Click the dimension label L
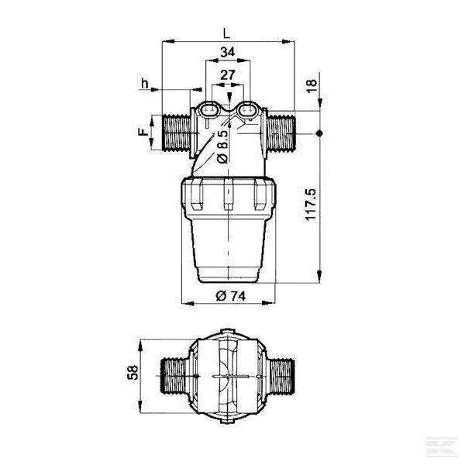(226, 33)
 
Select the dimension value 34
(227, 52)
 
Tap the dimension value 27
(227, 74)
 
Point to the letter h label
(144, 84)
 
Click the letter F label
(143, 132)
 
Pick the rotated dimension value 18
(312, 86)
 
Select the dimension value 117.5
(311, 205)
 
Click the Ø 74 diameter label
(231, 296)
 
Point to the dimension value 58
(133, 373)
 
